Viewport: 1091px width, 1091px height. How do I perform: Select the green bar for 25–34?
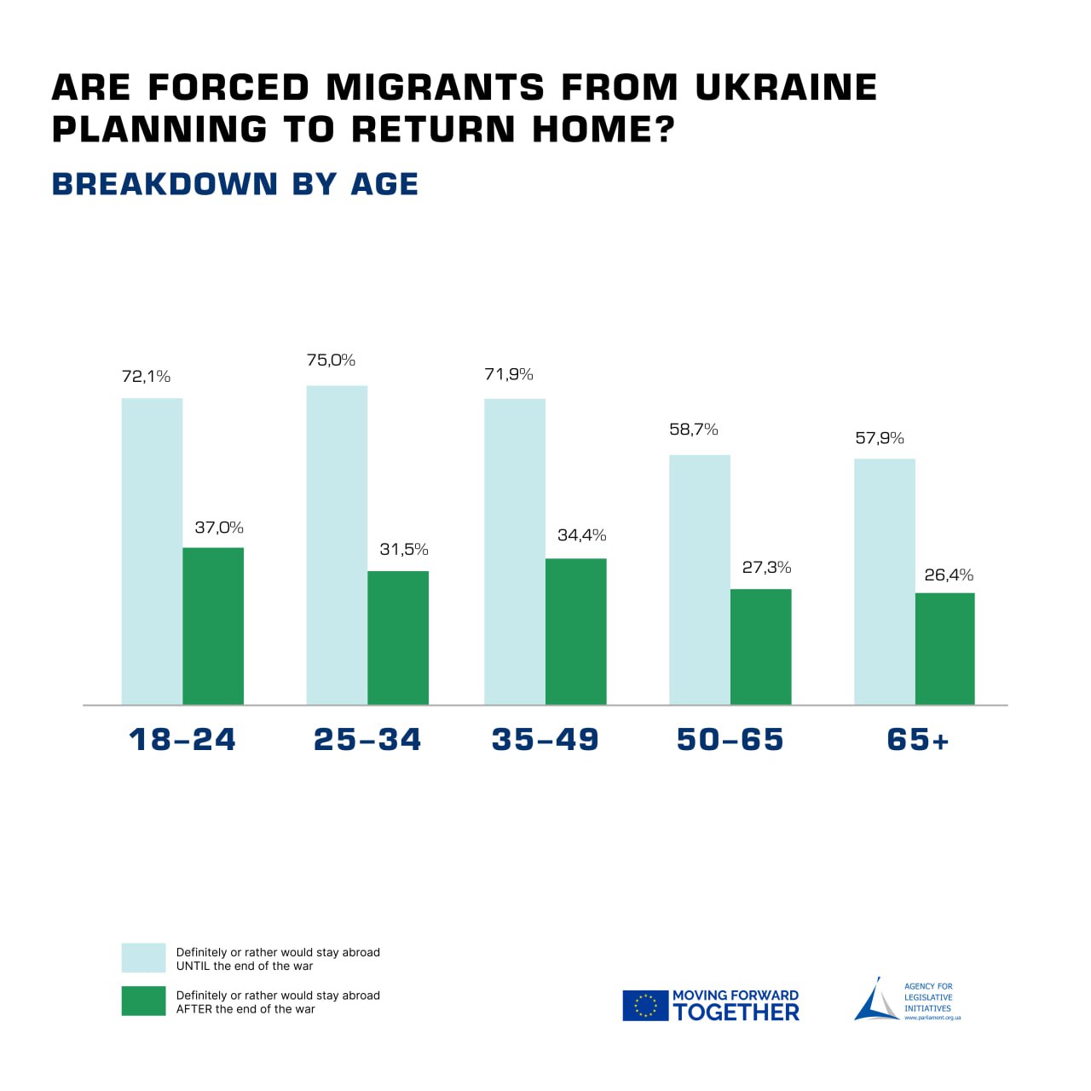(x=398, y=638)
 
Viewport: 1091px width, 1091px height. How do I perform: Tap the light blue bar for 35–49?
(x=515, y=551)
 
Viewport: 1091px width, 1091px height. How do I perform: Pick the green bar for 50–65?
(x=760, y=647)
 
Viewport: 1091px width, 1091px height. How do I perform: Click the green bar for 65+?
(x=944, y=649)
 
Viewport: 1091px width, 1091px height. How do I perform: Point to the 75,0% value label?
(x=331, y=361)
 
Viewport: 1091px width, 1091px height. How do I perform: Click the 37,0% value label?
(x=219, y=528)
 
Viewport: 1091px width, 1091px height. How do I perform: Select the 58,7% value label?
(x=694, y=430)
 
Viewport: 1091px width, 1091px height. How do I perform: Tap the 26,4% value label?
(x=949, y=575)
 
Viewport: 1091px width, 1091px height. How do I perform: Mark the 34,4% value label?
(x=582, y=535)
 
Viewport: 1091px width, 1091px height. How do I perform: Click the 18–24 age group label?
(x=182, y=739)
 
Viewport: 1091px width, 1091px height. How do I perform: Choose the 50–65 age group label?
(x=730, y=739)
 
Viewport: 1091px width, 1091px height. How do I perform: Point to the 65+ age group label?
(x=918, y=739)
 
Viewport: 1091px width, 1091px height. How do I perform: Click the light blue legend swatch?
(x=143, y=958)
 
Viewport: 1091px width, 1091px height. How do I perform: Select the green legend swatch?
(x=143, y=1002)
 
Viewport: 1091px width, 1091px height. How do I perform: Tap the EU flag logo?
(x=645, y=1006)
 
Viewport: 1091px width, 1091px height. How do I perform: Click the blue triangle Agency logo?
(x=875, y=1002)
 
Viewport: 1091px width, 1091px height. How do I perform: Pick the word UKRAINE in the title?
(x=786, y=88)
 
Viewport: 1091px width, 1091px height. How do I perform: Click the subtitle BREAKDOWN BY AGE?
(x=235, y=184)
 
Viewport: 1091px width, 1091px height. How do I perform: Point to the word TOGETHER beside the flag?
(x=736, y=1012)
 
